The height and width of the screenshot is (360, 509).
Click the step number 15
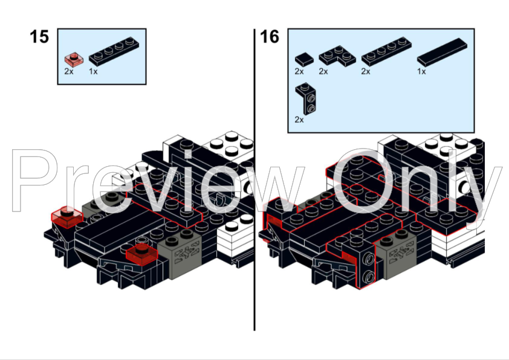(39, 37)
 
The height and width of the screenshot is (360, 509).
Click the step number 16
(270, 37)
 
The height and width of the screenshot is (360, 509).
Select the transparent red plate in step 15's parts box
(74, 59)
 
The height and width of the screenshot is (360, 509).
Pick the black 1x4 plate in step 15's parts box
(114, 51)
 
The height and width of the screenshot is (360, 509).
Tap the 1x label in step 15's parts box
(93, 71)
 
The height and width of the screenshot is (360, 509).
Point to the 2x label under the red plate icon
(69, 71)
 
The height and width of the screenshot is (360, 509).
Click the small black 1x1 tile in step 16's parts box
(304, 59)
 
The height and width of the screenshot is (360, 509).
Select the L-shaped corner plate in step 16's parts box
(337, 56)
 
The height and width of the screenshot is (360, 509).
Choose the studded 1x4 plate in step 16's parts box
(387, 51)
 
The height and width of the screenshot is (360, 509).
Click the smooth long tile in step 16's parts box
(442, 52)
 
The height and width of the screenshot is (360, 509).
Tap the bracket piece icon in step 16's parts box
(306, 98)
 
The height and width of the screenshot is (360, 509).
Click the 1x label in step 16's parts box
(421, 71)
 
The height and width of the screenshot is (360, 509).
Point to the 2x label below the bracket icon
(299, 120)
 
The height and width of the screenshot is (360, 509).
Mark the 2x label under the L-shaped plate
(323, 71)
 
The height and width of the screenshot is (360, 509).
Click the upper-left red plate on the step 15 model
(67, 216)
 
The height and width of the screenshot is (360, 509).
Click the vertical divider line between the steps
(254, 179)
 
